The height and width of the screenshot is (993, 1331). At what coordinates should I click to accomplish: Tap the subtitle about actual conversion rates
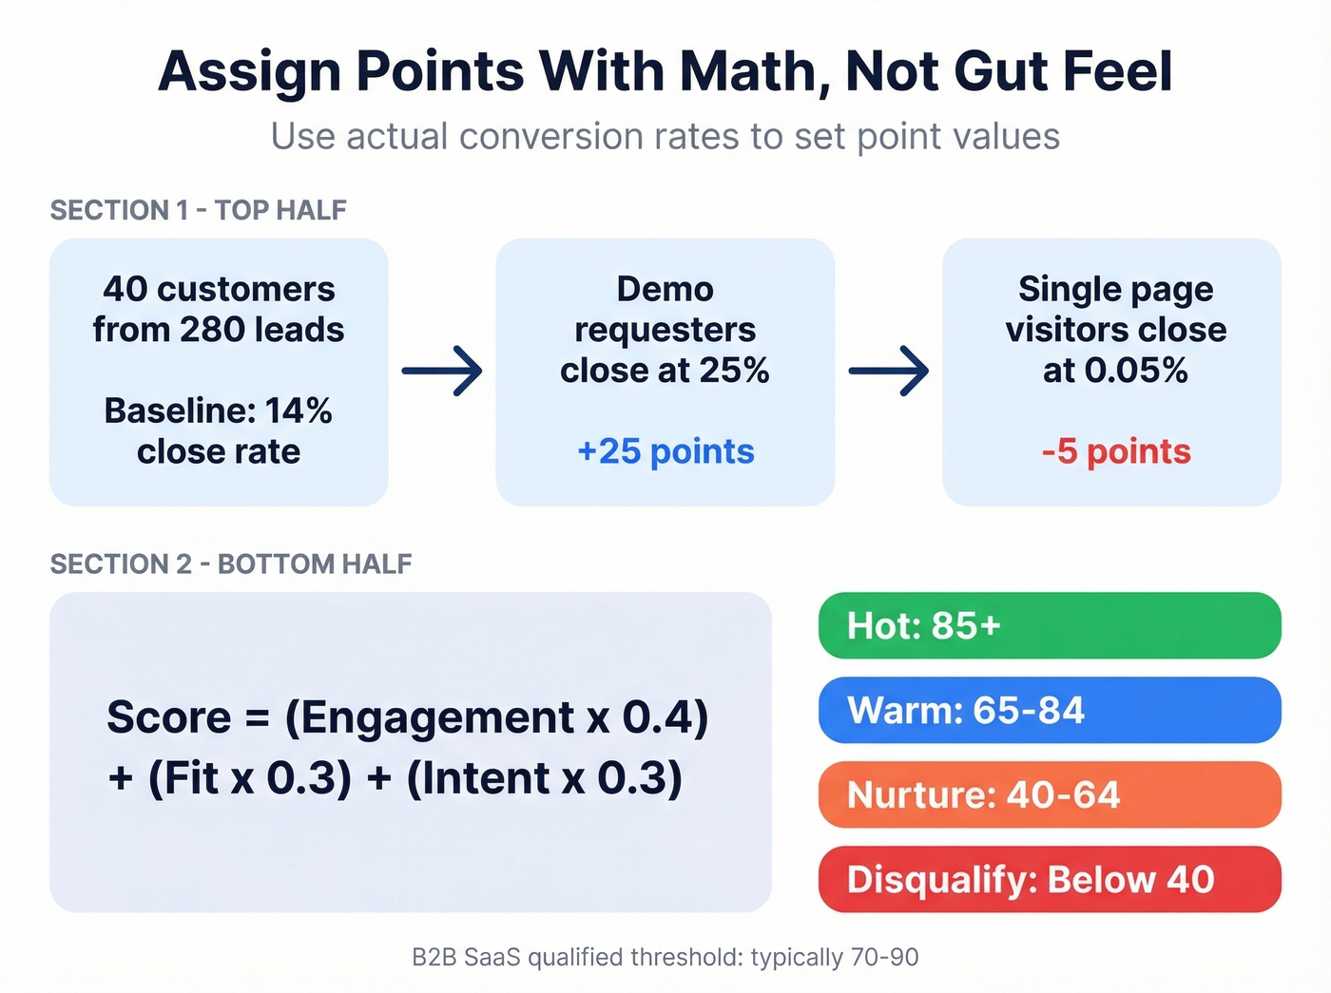coord(665,137)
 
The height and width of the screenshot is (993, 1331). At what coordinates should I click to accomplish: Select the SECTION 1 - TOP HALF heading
coord(198,210)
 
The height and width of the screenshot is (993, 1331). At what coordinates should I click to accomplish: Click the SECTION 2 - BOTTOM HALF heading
coord(231,563)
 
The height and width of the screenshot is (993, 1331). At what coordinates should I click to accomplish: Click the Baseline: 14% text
coord(218,411)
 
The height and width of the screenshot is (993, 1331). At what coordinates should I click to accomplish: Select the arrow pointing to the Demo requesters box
coord(442,371)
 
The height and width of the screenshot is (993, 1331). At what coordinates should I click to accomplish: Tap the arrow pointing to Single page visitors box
coord(888,371)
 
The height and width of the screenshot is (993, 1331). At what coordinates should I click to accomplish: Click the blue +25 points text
coord(665,451)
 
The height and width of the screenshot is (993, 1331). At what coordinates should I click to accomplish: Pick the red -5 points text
coord(1115,451)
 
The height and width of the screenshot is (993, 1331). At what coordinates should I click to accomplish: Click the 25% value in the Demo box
coord(733,371)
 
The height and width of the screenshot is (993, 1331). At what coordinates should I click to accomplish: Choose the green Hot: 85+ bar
coord(1049,625)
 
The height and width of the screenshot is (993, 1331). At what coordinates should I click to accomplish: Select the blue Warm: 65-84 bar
coord(1049,710)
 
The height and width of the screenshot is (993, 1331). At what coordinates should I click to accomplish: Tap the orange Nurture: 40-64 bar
coord(1049,794)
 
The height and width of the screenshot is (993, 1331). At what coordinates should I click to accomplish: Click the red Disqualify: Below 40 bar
coord(1049,879)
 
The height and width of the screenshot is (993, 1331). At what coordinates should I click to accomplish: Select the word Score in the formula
coord(168,717)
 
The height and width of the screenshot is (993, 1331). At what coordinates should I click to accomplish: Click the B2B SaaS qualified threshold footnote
coord(665,957)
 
